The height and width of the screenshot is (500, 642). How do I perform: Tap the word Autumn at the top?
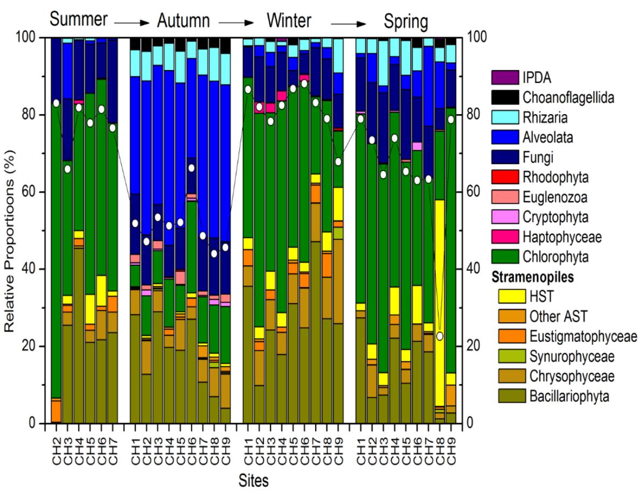(183, 22)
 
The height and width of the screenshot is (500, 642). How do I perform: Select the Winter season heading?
(289, 21)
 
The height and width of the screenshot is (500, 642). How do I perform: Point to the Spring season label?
(406, 22)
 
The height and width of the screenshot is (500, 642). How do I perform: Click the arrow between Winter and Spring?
(348, 23)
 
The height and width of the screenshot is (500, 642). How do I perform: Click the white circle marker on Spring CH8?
(440, 336)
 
